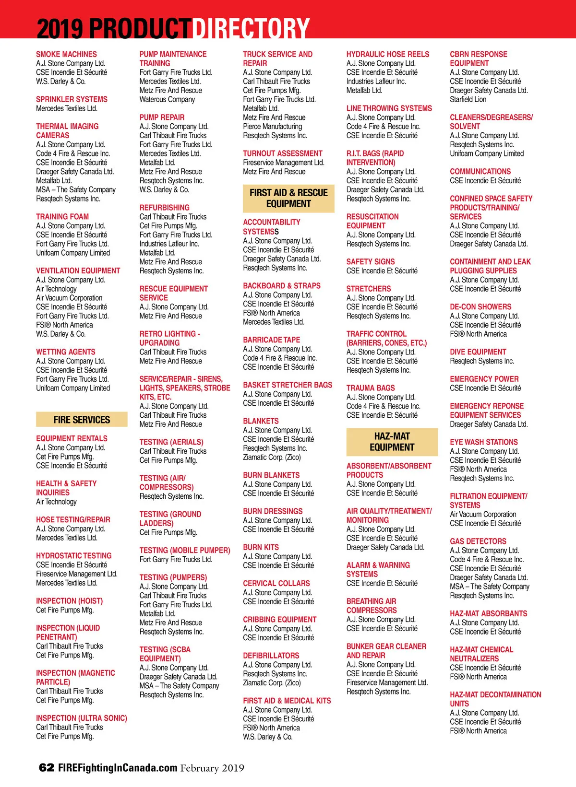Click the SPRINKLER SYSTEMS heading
point(72,99)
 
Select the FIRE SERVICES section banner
point(82,420)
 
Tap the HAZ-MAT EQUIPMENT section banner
point(392,442)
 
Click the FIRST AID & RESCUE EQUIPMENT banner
point(288,198)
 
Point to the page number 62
point(47,768)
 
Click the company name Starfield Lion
point(468,99)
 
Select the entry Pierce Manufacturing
point(272,127)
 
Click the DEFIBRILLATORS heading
point(271,656)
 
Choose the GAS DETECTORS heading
point(478,541)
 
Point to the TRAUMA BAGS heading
point(371,388)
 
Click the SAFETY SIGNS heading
point(371,262)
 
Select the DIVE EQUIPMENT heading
point(478,352)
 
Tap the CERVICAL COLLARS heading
point(276,584)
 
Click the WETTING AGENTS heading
point(65,352)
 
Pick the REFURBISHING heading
point(164,208)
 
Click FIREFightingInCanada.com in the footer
point(118,768)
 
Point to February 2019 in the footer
point(212,768)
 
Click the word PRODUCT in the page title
point(141,28)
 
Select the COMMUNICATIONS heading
point(480,172)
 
